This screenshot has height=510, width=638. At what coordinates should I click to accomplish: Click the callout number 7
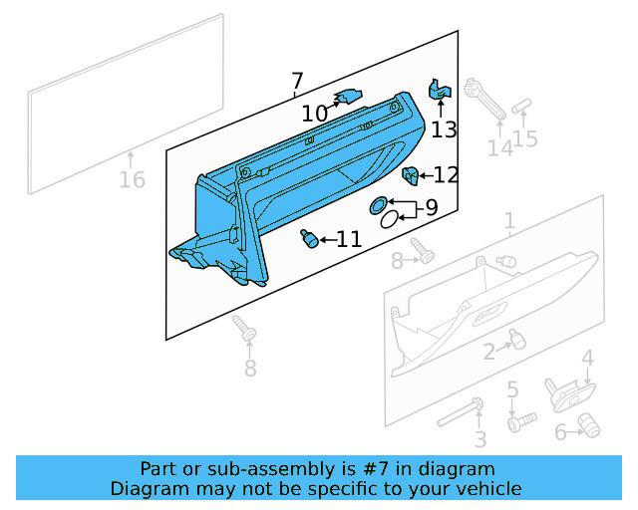coord(297,81)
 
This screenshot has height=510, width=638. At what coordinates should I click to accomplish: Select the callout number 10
coord(314,115)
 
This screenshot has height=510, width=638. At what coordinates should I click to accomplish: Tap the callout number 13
coord(444,129)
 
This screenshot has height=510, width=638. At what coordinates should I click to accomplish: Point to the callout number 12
coord(446,175)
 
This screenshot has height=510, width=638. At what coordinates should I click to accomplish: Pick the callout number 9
coord(431,208)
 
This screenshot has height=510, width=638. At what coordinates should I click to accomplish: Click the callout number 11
coord(349,239)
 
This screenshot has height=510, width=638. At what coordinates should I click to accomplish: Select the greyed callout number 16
coord(132,180)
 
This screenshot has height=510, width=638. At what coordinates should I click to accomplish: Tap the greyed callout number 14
coord(499,148)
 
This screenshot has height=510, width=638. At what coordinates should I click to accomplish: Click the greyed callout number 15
coord(525,138)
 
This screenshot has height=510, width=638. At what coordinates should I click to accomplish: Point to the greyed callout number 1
coord(509,220)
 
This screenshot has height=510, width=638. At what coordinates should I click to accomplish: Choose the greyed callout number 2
coord(489,351)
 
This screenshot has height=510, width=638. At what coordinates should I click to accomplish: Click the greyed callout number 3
coord(480,439)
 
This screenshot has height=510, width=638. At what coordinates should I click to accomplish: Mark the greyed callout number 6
coord(561,432)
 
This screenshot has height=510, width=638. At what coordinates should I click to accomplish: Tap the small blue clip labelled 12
coord(409,176)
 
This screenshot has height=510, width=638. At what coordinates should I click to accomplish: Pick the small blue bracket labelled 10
coord(347,97)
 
